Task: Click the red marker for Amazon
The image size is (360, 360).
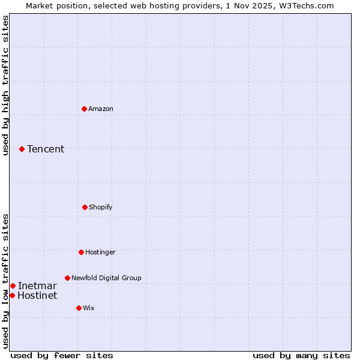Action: [84, 109]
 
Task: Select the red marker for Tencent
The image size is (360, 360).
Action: [22, 149]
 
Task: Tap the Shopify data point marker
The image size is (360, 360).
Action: [85, 207]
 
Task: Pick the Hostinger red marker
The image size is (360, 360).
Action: [81, 252]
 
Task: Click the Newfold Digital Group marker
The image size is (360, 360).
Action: [67, 278]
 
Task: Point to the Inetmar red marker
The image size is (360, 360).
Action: [13, 286]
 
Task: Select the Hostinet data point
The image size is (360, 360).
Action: [12, 295]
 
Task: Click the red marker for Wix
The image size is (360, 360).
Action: [79, 308]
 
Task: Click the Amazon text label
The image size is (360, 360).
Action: [101, 109]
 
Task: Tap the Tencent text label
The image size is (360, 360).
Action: [46, 149]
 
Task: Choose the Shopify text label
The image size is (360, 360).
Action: [101, 207]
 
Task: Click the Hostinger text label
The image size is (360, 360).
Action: [100, 252]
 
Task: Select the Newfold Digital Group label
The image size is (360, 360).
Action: [106, 278]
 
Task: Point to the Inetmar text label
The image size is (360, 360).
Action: [37, 286]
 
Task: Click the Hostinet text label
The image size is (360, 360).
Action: [37, 295]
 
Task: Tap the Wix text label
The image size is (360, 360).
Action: [89, 308]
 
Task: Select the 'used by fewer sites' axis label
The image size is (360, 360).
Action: [62, 355]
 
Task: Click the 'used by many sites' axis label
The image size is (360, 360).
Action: [301, 355]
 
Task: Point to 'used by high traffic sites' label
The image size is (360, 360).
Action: [6, 85]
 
